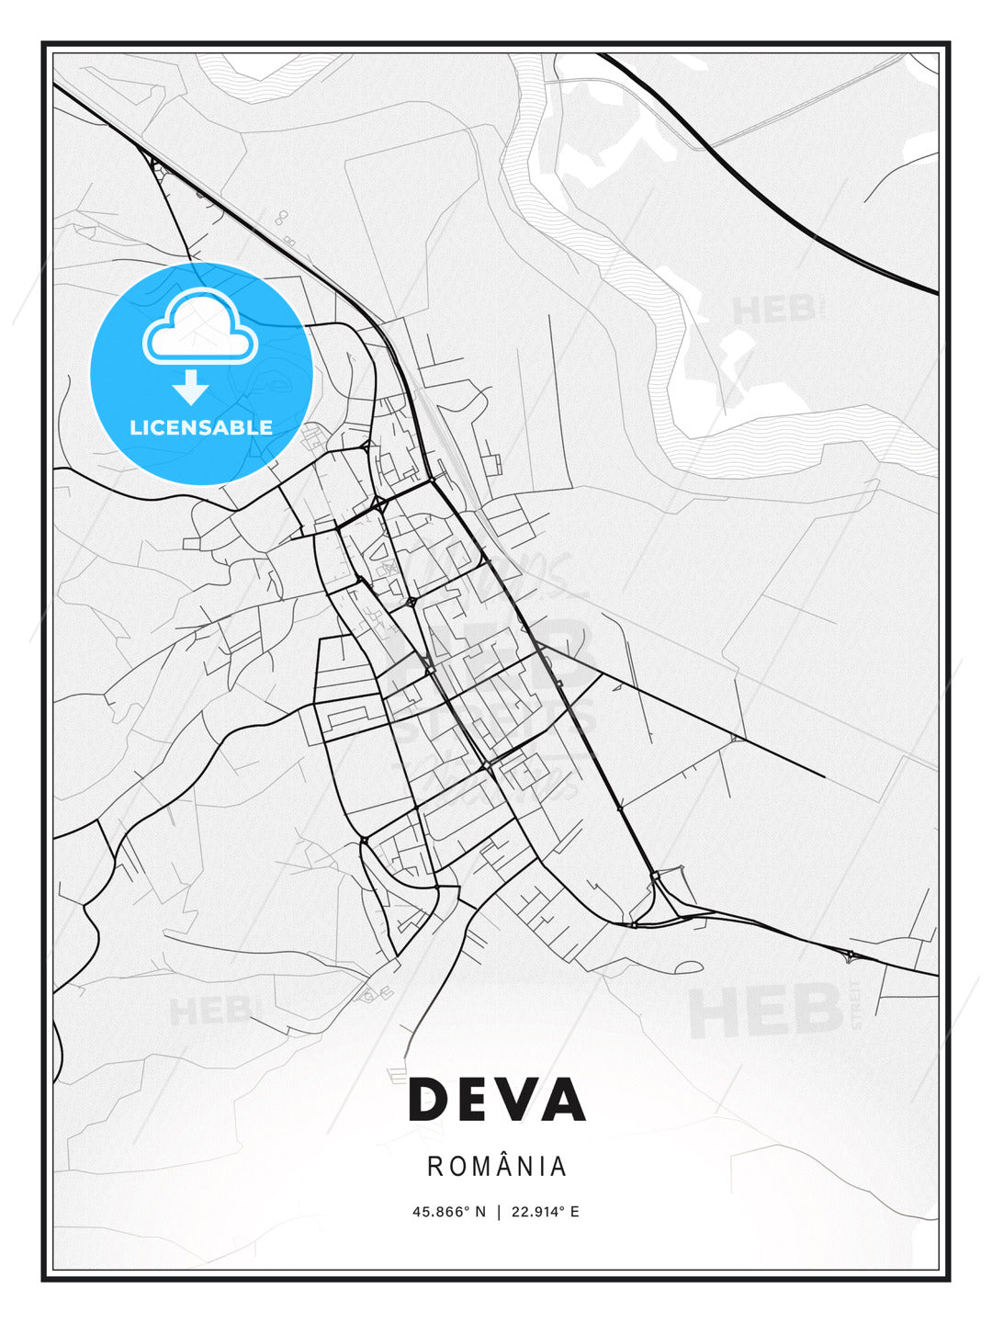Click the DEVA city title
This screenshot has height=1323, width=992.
point(496,1099)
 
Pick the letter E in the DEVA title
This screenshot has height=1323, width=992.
point(473,1099)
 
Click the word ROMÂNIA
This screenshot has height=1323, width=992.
point(496,1167)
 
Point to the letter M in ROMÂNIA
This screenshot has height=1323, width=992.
point(479,1167)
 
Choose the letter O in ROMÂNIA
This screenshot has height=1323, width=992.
point(456,1167)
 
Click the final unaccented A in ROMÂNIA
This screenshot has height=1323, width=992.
point(558,1167)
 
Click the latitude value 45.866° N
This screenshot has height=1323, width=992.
point(448,1212)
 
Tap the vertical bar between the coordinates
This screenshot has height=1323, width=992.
point(498,1212)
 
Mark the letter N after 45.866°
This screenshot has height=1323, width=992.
point(479,1212)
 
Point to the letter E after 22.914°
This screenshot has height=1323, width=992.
point(575,1212)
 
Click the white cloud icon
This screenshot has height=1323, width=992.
point(198,329)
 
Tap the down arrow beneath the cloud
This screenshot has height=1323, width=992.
point(191,387)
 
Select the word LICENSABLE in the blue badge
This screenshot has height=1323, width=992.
point(200,427)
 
